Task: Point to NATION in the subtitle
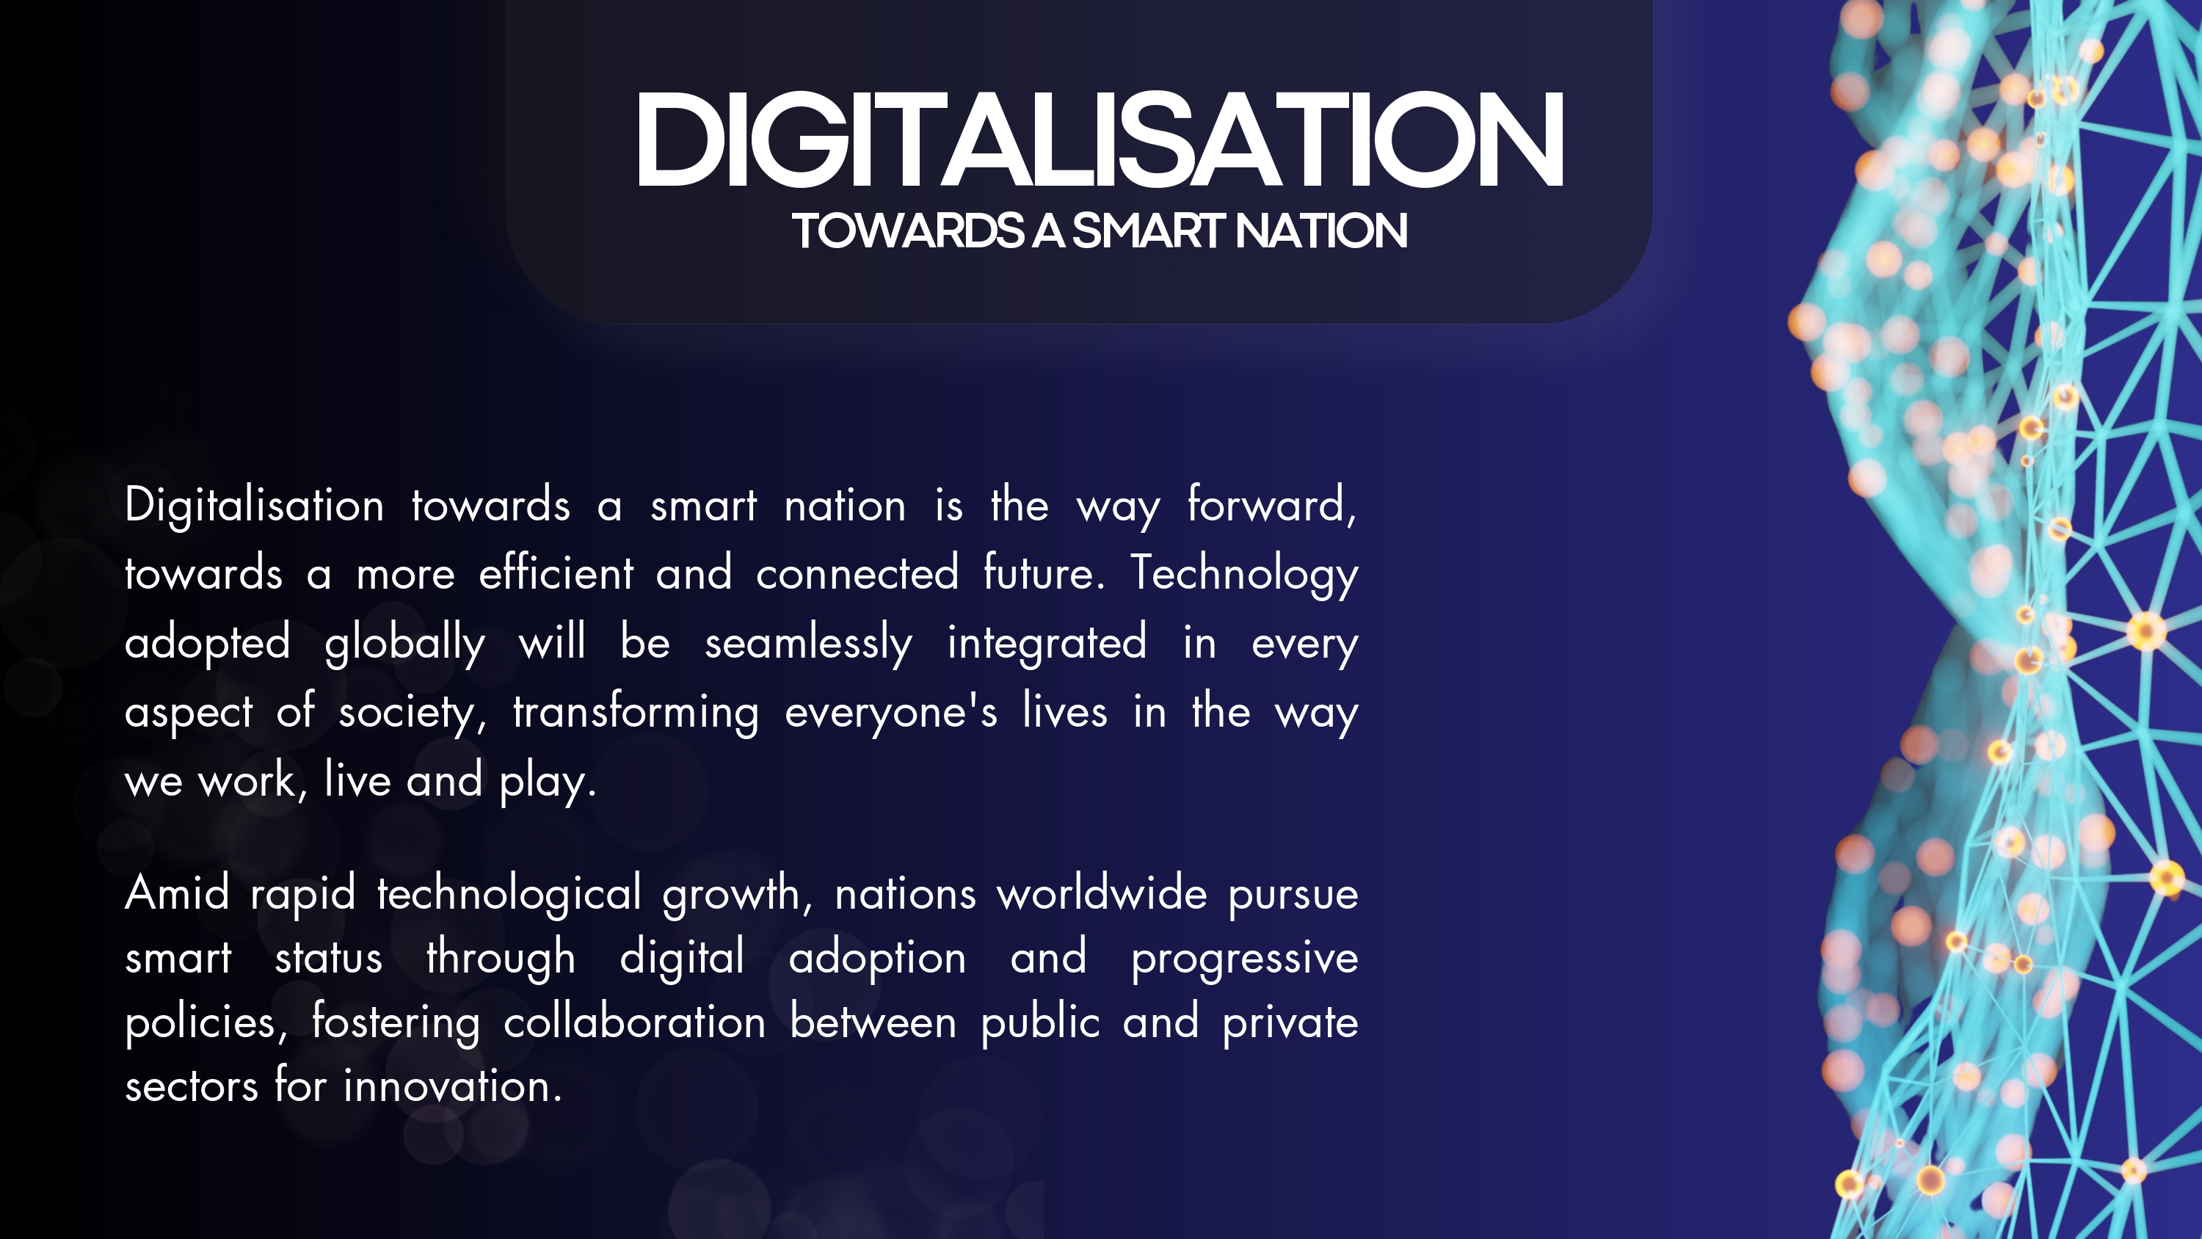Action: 1320,231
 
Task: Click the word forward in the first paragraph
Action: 1271,504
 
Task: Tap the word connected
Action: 857,573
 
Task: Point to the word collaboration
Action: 634,1022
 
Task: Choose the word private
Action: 1290,1023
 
